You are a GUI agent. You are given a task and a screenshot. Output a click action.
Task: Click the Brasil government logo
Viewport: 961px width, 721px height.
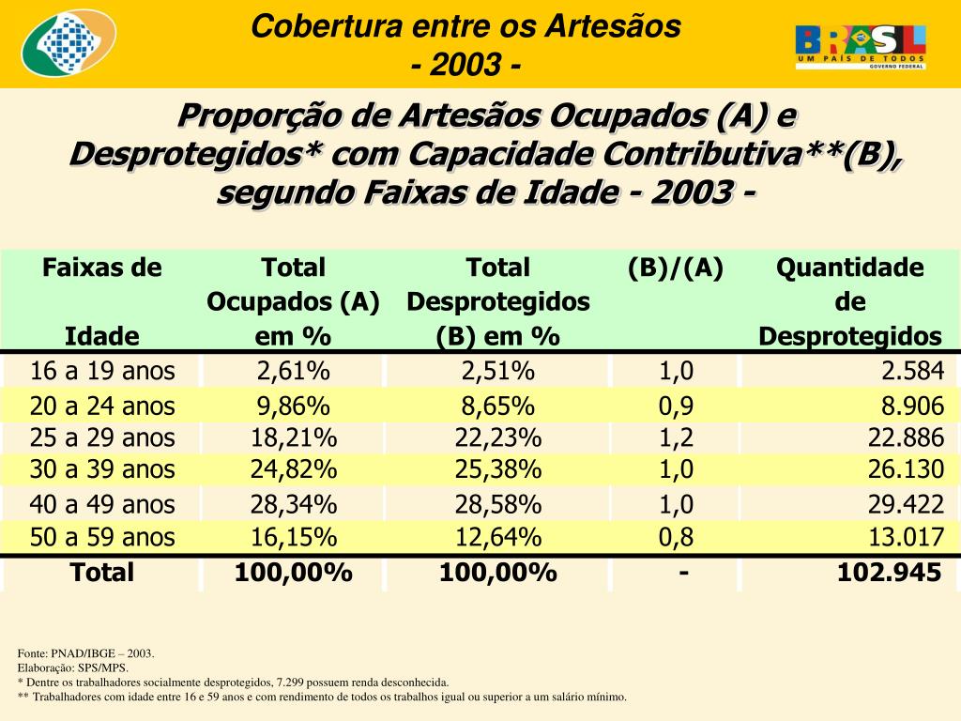click(861, 46)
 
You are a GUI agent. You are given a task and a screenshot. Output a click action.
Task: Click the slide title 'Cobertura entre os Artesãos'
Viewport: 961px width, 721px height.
click(465, 26)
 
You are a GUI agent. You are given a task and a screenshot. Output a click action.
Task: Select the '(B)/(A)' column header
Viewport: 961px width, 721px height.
click(676, 268)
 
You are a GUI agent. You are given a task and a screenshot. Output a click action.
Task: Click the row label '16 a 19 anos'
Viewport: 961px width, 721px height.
click(102, 371)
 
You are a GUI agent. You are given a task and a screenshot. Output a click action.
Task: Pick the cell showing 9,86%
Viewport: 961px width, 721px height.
click(293, 407)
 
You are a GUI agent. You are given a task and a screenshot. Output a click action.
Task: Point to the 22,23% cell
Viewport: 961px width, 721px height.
click(497, 438)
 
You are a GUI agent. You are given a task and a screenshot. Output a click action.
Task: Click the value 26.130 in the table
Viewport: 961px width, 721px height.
click(906, 469)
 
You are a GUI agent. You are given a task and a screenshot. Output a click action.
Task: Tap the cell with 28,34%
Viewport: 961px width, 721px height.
click(293, 504)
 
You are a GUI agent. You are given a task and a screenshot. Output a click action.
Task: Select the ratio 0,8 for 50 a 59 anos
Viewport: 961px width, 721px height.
click(677, 538)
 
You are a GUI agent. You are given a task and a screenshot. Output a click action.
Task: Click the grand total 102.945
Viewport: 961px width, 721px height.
click(889, 573)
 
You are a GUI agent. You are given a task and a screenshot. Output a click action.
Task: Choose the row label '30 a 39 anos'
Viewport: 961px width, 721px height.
click(102, 469)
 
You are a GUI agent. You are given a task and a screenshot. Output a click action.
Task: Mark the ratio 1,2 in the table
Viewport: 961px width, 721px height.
click(677, 438)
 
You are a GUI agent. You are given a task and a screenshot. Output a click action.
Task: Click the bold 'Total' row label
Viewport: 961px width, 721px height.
click(102, 573)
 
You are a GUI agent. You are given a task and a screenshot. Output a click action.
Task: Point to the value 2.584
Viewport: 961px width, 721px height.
click(911, 371)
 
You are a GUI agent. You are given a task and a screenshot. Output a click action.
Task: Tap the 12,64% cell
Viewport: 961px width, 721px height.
click(497, 538)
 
